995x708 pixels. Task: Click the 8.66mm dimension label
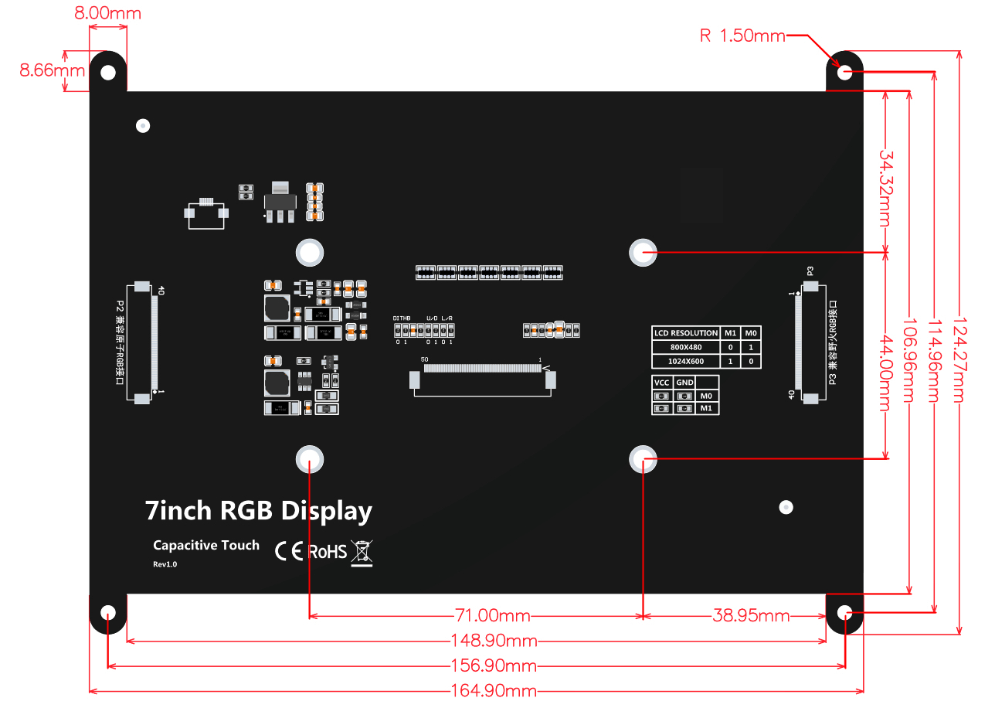[x=41, y=70]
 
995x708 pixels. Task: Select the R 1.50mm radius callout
[x=742, y=36]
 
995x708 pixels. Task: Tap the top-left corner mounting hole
[x=108, y=73]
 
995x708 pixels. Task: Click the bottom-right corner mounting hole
[x=845, y=614]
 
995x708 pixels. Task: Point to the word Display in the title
[x=327, y=512]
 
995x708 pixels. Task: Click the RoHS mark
[x=328, y=552]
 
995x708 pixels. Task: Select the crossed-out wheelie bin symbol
[x=362, y=553]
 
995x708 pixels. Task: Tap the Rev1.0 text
[x=165, y=564]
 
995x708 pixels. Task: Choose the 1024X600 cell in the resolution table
[x=686, y=362]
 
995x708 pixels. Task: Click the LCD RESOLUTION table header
[x=686, y=333]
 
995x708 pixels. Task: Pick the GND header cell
[x=684, y=383]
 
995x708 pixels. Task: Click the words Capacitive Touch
[x=206, y=546]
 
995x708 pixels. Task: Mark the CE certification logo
[x=289, y=552]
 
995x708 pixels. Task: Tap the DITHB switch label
[x=402, y=318]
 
